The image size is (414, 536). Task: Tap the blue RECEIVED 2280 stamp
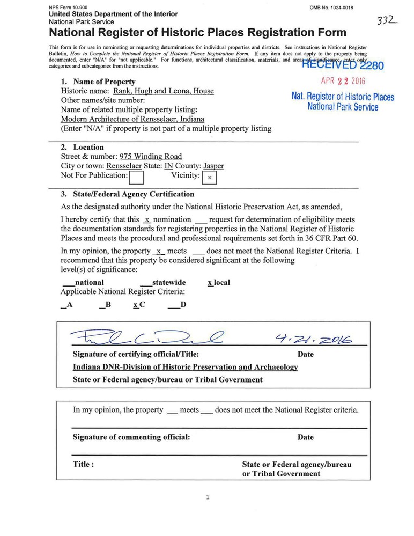click(343, 66)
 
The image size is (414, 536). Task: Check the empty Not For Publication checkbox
click(137, 177)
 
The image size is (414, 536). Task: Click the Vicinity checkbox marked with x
click(209, 177)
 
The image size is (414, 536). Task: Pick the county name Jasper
click(213, 166)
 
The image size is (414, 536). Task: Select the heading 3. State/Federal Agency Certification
click(127, 194)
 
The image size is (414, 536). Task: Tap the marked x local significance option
click(219, 282)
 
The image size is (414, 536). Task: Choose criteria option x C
click(139, 305)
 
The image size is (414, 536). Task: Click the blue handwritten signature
click(145, 337)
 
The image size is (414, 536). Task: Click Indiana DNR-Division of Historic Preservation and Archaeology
click(185, 368)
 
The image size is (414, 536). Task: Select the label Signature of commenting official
click(131, 437)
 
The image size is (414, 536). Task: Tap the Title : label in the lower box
click(84, 465)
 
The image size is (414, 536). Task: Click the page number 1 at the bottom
click(208, 497)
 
